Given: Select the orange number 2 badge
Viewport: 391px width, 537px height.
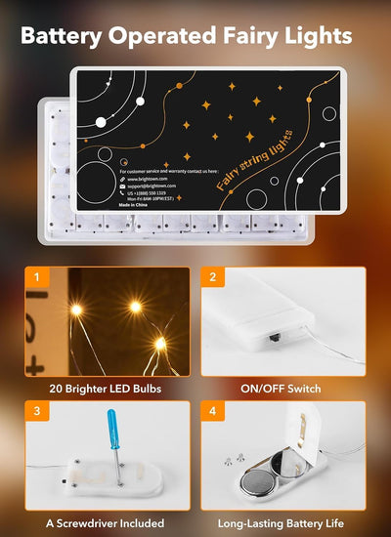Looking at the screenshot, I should (x=212, y=277).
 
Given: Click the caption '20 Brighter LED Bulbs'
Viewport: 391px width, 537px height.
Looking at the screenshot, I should (x=106, y=389).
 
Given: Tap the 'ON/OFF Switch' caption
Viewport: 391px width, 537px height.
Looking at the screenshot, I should (x=281, y=389).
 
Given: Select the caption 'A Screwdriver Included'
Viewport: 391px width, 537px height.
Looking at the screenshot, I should (x=107, y=523).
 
